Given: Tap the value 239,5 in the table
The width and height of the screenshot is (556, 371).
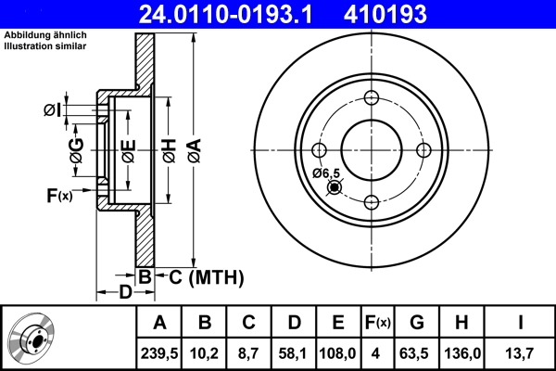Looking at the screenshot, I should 159,352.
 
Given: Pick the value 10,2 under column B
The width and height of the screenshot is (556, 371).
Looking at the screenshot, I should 205,352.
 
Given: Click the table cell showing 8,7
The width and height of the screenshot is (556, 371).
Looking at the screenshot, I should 249,352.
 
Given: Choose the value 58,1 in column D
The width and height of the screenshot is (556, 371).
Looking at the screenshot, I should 294,352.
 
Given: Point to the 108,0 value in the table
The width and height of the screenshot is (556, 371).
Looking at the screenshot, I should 338,352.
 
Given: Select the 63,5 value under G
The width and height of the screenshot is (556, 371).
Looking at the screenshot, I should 417,352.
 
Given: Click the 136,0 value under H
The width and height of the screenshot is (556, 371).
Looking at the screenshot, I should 461,352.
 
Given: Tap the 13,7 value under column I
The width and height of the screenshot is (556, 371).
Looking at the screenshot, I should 521,352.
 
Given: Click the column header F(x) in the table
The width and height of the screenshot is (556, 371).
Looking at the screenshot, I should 377,323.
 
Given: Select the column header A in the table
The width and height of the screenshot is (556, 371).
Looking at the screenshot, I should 159,323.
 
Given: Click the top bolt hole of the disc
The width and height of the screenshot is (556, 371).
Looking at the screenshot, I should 372,99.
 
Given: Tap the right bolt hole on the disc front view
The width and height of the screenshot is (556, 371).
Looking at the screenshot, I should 423,151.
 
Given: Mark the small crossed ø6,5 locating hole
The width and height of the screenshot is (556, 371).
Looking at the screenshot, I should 335,188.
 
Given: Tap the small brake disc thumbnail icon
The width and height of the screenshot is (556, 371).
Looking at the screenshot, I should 32,339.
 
